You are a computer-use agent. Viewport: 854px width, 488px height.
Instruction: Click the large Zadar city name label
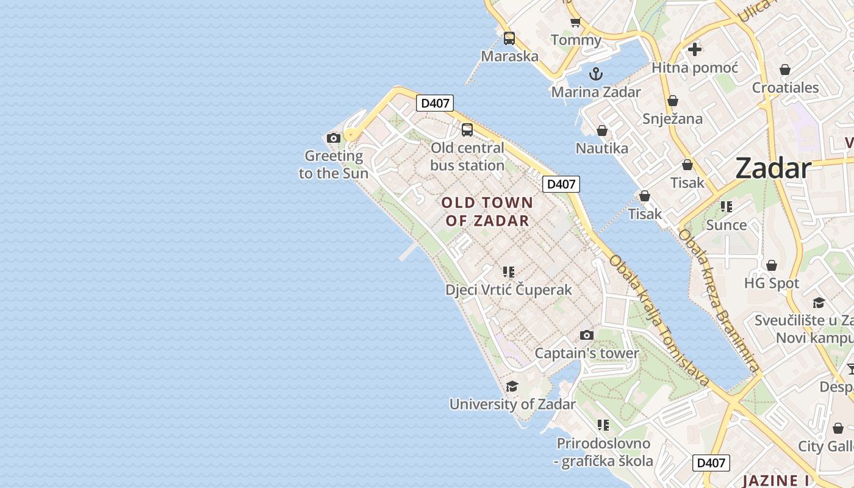pyautogui.click(x=773, y=168)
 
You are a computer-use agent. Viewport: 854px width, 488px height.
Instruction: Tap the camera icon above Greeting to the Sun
pyautogui.click(x=333, y=138)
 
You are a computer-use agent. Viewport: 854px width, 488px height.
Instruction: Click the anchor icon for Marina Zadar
pyautogui.click(x=595, y=74)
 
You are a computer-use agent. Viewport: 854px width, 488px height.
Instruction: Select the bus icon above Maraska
pyautogui.click(x=509, y=38)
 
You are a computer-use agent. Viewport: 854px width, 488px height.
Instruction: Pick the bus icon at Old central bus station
pyautogui.click(x=467, y=129)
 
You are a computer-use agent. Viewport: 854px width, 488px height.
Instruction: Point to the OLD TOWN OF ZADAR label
pyautogui.click(x=487, y=212)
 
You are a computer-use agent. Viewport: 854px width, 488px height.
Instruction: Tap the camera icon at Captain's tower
pyautogui.click(x=587, y=335)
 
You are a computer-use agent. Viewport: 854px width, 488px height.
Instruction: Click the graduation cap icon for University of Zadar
pyautogui.click(x=512, y=386)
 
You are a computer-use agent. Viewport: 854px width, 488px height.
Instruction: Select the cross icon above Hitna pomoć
pyautogui.click(x=694, y=49)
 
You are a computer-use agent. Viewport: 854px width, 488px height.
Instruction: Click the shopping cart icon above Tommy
pyautogui.click(x=575, y=23)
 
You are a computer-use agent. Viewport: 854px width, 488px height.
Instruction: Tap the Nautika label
pyautogui.click(x=601, y=148)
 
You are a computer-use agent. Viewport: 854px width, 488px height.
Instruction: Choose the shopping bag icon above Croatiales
pyautogui.click(x=785, y=70)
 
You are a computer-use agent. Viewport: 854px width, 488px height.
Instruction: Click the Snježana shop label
pyautogui.click(x=672, y=118)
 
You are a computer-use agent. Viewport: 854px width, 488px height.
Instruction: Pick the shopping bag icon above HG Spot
pyautogui.click(x=771, y=265)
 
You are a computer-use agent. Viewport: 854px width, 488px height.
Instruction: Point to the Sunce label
pyautogui.click(x=726, y=225)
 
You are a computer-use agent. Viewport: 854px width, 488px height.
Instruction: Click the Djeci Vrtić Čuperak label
pyautogui.click(x=509, y=290)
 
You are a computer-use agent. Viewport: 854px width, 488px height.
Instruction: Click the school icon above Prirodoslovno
pyautogui.click(x=603, y=425)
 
